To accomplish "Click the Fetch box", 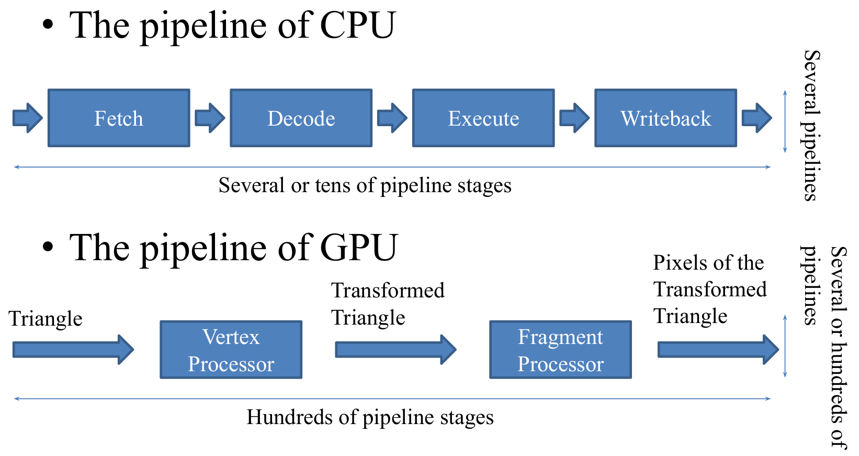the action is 119,118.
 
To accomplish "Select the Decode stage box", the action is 301,118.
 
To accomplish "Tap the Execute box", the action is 483,118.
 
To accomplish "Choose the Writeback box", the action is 666,118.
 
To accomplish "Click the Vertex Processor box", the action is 231,350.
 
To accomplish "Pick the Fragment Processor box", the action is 560,350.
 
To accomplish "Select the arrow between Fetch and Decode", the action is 210,118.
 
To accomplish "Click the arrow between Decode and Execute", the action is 392,118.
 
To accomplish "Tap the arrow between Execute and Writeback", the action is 574,118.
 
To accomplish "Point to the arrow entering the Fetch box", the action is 28,118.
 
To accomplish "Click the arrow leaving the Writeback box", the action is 756,118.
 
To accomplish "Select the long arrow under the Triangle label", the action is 73,350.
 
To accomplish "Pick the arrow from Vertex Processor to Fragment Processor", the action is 395,350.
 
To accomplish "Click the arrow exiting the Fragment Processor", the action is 718,350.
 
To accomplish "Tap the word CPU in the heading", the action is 357,25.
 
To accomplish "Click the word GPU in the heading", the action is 359,248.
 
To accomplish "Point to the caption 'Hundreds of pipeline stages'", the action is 370,417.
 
